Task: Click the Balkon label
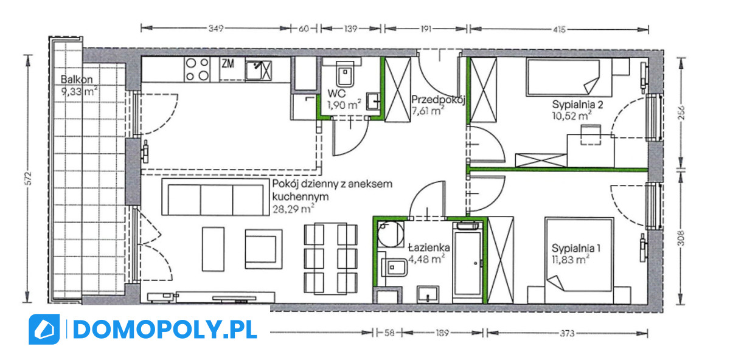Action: click(77, 80)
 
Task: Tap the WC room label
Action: click(336, 94)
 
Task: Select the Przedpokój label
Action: click(438, 100)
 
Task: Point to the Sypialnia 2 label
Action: click(577, 105)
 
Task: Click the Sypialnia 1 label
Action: click(576, 248)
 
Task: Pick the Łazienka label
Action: click(429, 247)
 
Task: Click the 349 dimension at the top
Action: click(216, 29)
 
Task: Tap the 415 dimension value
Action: click(559, 30)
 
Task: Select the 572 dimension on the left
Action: click(29, 178)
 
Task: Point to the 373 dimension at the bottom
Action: click(567, 333)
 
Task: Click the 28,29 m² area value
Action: click(293, 209)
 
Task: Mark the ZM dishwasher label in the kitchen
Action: click(228, 63)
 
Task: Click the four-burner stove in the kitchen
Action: click(197, 69)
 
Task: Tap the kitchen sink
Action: click(259, 71)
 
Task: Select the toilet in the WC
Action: click(344, 74)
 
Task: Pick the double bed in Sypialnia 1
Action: click(579, 255)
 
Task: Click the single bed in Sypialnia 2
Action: click(569, 78)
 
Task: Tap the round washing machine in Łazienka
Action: click(391, 234)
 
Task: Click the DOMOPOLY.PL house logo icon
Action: click(44, 330)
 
